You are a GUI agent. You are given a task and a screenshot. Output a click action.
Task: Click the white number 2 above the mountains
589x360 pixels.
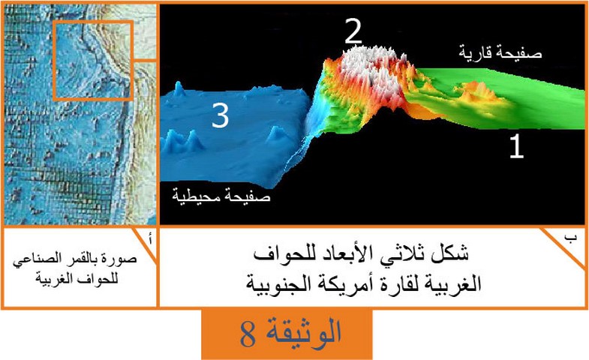pos(353,31)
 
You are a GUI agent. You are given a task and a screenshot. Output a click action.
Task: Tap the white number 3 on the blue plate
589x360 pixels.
pos(221,115)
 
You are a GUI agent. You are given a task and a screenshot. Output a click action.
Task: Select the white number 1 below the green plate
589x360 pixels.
pos(516,146)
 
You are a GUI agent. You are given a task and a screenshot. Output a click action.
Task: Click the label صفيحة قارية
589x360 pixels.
pos(500,52)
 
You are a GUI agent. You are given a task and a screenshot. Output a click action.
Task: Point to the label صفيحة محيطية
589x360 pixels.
pos(221,195)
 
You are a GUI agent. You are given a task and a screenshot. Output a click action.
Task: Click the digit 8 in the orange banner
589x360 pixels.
pos(248,334)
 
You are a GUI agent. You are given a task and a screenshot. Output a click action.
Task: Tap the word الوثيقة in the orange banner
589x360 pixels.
pos(304,331)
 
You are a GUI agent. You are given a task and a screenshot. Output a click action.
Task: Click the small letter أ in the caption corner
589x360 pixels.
pos(150,238)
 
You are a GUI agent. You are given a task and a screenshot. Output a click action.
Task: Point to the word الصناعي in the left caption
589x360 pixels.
pos(32,259)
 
